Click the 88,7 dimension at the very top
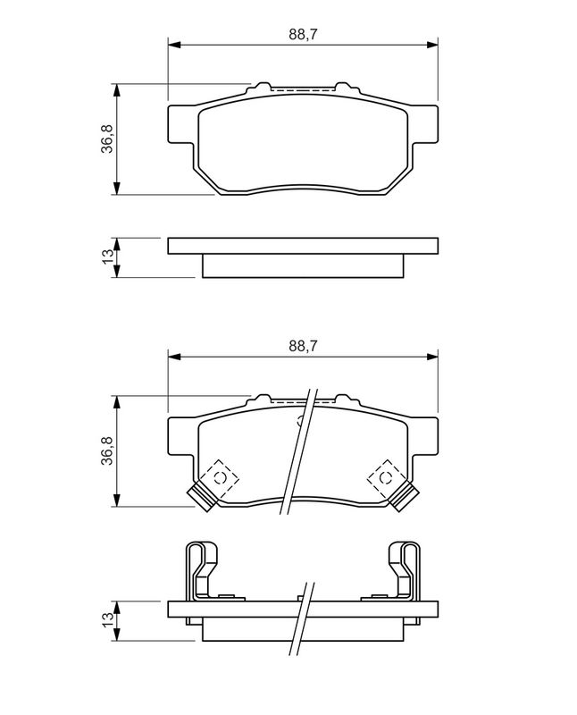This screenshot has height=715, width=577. click(302, 34)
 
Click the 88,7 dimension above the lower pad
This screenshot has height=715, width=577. click(302, 346)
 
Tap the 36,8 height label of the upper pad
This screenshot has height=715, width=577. click(108, 139)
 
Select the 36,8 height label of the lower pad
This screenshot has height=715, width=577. click(108, 450)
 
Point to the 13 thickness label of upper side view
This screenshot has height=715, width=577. click(108, 257)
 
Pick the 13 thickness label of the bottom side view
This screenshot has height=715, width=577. click(108, 619)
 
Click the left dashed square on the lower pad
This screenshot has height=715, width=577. click(221, 478)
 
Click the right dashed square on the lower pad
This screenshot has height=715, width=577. click(386, 478)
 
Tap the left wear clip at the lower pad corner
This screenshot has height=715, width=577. click(202, 497)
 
